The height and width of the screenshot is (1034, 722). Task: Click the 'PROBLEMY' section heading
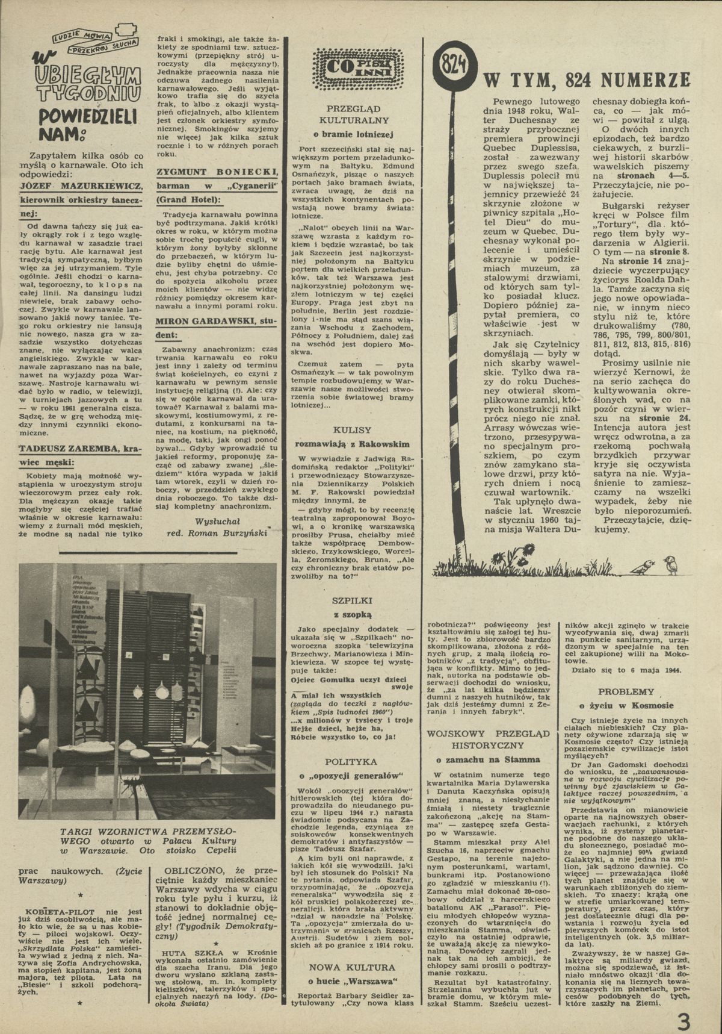(626, 691)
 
